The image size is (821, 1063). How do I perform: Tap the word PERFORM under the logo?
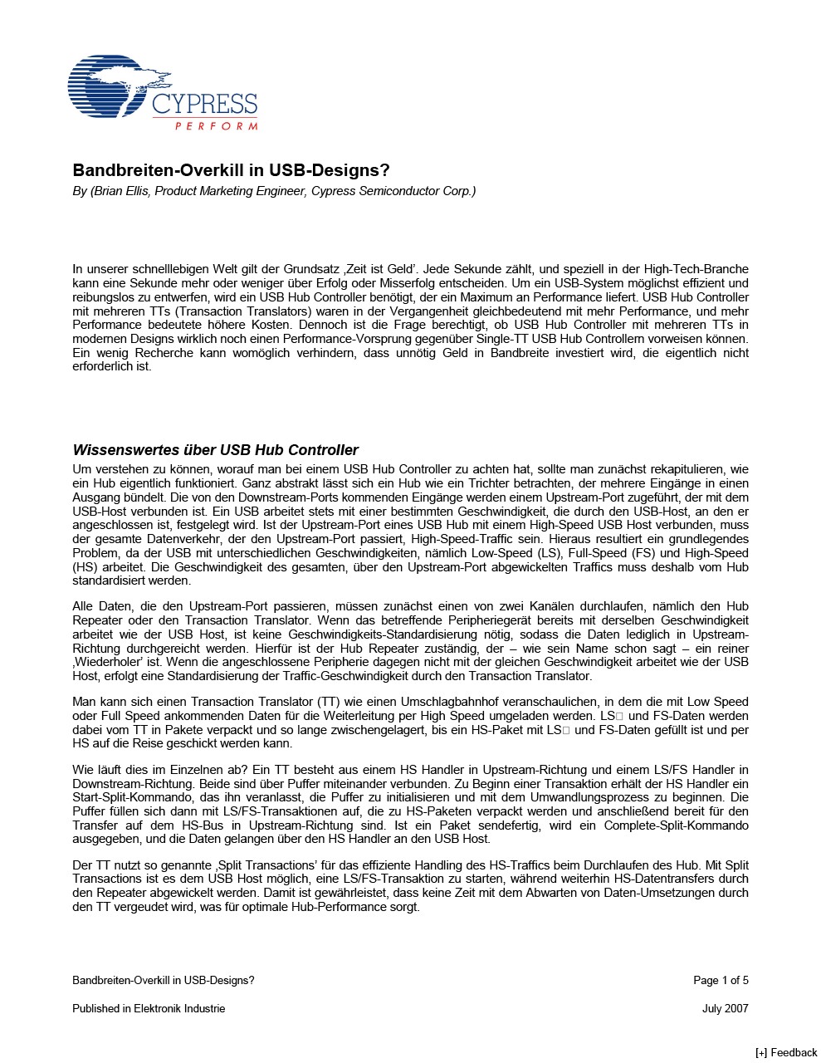(x=216, y=126)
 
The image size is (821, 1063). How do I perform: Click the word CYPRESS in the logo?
(x=204, y=105)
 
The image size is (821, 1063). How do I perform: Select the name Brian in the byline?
(x=111, y=192)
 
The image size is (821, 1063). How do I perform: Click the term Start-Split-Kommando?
(x=124, y=797)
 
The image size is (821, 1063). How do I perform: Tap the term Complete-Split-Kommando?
(x=676, y=825)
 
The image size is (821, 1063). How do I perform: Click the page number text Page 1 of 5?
(x=721, y=981)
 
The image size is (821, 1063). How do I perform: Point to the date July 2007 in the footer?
(x=725, y=1009)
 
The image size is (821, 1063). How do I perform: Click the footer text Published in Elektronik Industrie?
(x=149, y=1009)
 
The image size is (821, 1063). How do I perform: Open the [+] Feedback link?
(x=785, y=1053)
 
